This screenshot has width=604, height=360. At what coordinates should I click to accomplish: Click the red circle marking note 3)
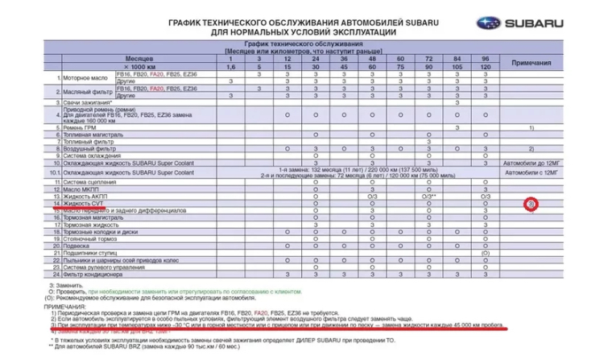(x=532, y=205)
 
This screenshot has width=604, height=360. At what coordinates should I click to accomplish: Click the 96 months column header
(x=485, y=60)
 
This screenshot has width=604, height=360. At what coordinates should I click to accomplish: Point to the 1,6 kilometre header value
(x=230, y=67)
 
